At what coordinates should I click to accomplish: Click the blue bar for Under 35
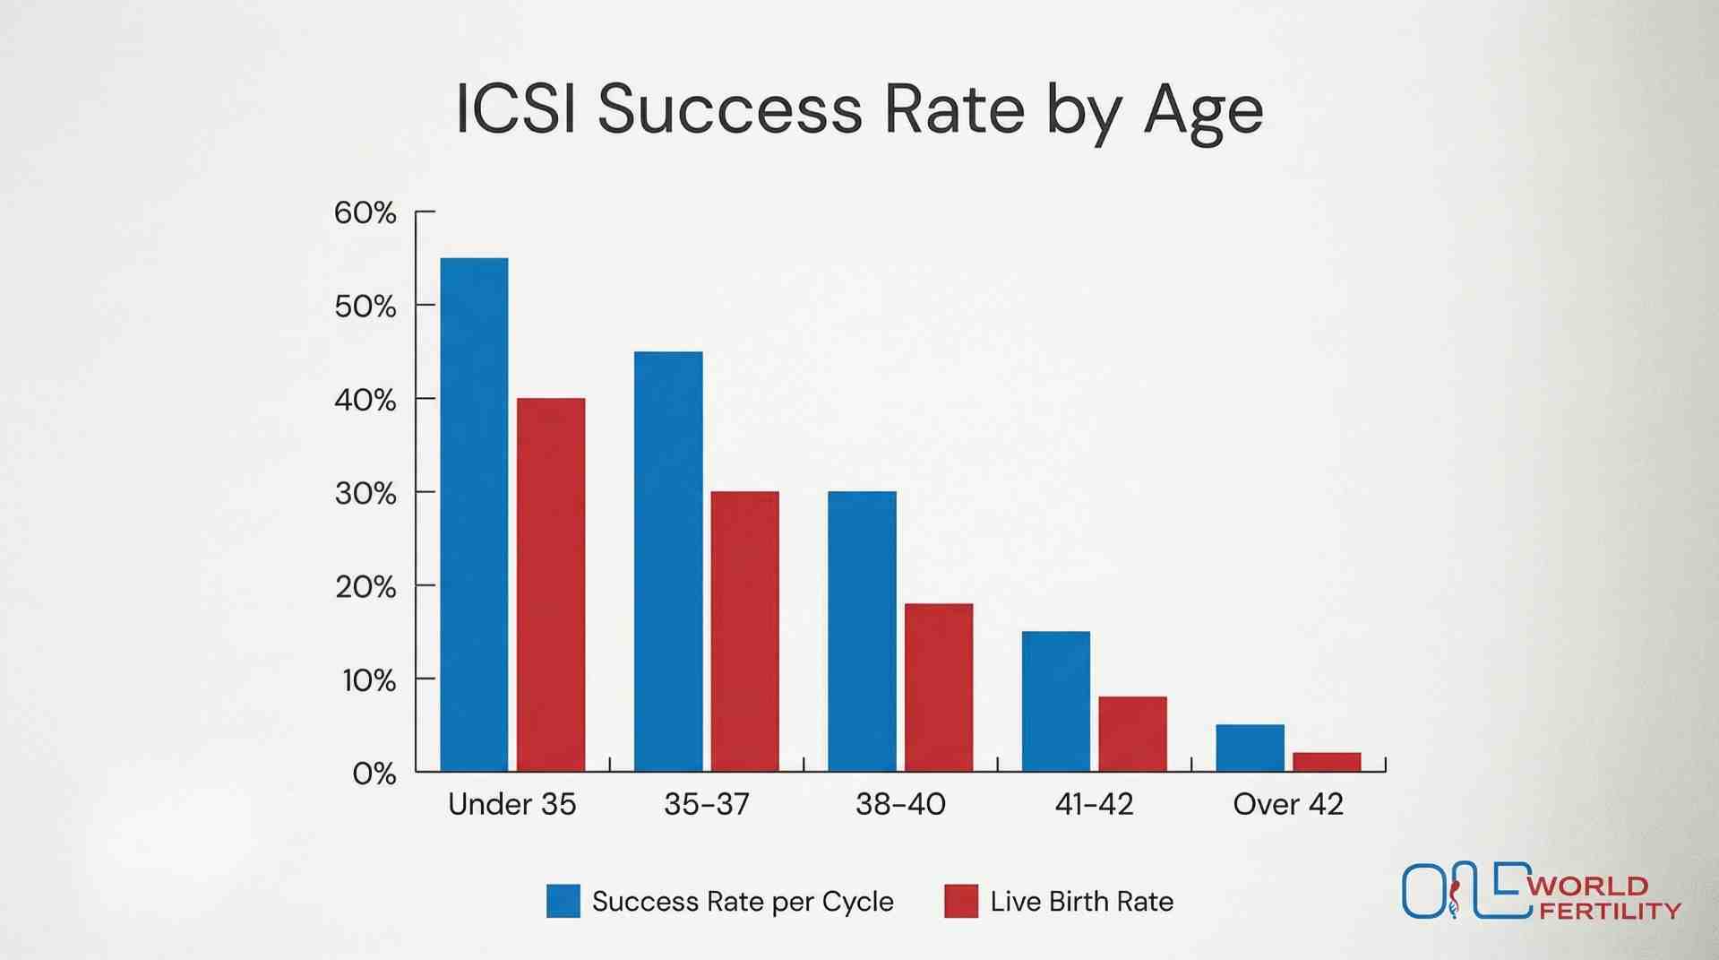474,515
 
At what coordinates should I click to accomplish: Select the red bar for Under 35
551,584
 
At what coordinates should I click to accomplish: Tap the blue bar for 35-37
668,561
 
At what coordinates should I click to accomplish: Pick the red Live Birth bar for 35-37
744,631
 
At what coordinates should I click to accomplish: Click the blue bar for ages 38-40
862,631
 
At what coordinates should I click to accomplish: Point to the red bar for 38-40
938,688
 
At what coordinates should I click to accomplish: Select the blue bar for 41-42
1055,701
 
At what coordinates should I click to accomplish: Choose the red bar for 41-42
1132,734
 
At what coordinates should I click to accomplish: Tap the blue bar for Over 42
1250,748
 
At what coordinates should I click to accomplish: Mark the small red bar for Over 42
1326,762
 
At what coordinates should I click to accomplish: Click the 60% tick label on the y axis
365,213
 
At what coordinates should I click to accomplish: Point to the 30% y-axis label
365,493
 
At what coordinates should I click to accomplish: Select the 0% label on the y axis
374,774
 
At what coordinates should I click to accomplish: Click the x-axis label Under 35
511,804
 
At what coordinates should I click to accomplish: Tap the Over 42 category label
1287,804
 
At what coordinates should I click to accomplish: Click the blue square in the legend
563,901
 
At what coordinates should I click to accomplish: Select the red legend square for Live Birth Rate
960,901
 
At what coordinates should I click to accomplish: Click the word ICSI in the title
516,109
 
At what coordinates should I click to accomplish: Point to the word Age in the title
1203,112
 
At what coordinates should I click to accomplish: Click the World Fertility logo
1541,892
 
